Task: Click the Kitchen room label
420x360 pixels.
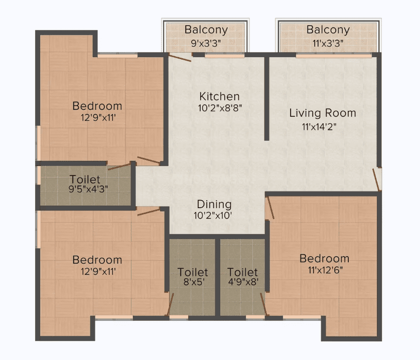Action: pos(219,96)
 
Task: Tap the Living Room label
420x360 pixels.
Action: pos(323,113)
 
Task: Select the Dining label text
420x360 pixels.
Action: pos(214,205)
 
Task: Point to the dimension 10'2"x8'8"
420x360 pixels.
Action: pos(220,108)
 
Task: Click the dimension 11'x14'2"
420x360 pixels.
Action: pos(319,127)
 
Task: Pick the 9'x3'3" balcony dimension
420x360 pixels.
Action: pos(206,43)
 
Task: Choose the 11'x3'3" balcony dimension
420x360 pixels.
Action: pos(328,43)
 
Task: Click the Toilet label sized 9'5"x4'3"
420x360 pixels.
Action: pos(85,179)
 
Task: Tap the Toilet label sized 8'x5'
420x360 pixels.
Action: pos(193,272)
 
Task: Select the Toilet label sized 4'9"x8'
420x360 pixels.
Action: pos(242,272)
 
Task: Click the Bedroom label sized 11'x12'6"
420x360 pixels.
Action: pos(324,259)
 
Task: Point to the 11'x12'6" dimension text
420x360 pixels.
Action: pos(325,270)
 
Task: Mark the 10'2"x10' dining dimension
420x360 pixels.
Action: pos(213,216)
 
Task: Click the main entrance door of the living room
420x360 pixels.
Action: pos(377,180)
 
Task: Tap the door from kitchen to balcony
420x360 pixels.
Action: pos(180,58)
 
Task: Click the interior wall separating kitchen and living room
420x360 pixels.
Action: pos(267,98)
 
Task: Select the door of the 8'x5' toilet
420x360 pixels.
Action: pos(171,304)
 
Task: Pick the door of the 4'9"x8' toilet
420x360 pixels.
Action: pos(263,304)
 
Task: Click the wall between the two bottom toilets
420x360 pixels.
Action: pos(218,277)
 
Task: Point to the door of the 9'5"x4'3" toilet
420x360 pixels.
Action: pos(119,167)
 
